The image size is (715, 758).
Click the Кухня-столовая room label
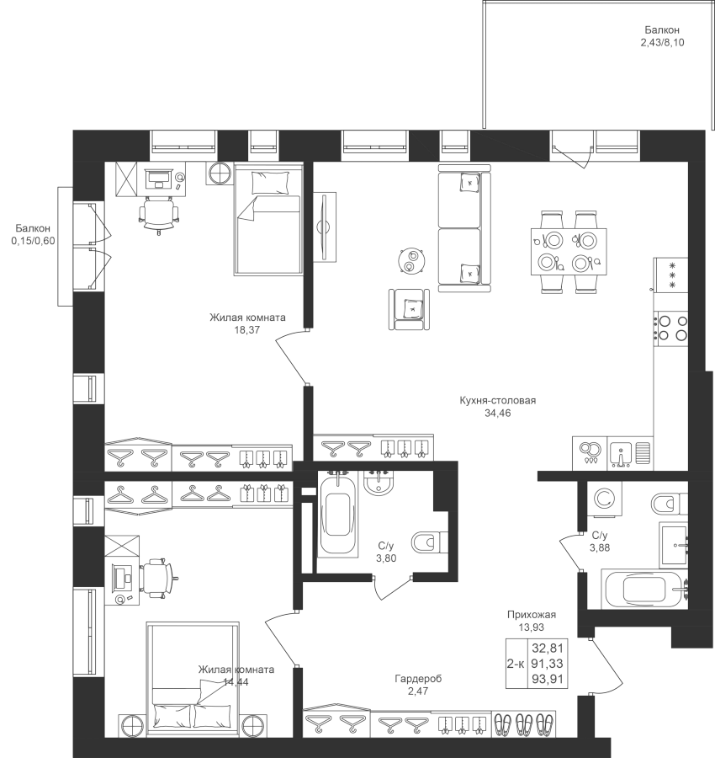click(x=498, y=400)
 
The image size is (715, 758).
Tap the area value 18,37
click(x=247, y=330)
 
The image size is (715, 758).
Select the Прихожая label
click(x=532, y=615)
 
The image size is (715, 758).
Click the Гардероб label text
click(x=418, y=679)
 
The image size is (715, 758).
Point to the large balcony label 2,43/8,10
click(x=662, y=43)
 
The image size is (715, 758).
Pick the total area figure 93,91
click(x=548, y=679)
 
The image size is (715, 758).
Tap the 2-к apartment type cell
click(x=516, y=664)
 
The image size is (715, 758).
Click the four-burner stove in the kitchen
click(x=670, y=328)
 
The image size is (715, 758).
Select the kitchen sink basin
click(x=622, y=454)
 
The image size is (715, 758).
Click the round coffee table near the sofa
click(x=412, y=261)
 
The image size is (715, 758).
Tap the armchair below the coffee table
click(x=410, y=309)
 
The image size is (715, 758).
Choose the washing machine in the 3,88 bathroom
click(x=604, y=499)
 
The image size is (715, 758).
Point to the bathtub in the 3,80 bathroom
click(x=337, y=520)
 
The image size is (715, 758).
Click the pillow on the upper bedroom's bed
click(x=270, y=183)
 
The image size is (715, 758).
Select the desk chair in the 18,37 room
click(x=159, y=215)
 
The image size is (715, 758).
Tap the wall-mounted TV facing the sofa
click(x=325, y=227)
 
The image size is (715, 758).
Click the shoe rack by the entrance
click(x=524, y=724)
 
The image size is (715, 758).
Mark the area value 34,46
click(x=498, y=414)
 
